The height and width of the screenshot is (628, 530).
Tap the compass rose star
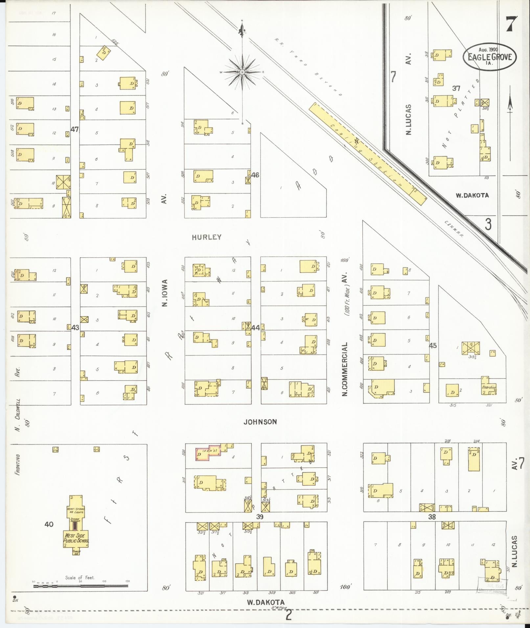pos(242,72)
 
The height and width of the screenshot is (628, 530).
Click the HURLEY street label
pos(207,237)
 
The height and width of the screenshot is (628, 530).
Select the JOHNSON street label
pos(260,422)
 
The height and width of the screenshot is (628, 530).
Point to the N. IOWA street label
pos(165,293)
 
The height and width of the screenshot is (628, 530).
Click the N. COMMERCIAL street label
pos(345,369)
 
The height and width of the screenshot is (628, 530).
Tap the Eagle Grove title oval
pos(490,56)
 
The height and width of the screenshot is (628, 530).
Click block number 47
pos(75,129)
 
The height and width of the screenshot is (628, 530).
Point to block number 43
pos(75,328)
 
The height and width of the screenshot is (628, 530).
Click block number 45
pos(433,346)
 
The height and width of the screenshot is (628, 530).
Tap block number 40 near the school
pos(49,525)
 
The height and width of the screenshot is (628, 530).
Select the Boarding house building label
pos(489,387)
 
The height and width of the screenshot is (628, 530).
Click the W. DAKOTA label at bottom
pos(265,602)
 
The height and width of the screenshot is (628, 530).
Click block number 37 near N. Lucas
pos(456,88)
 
